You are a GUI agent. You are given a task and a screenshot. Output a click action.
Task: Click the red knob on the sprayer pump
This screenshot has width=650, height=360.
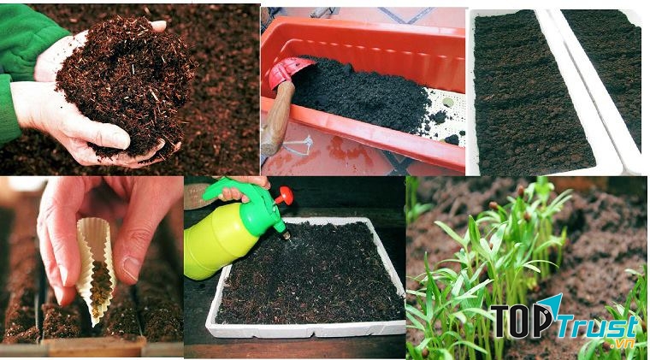click(x=284, y=195)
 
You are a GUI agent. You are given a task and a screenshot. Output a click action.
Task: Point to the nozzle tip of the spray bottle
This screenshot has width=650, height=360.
click(x=287, y=236)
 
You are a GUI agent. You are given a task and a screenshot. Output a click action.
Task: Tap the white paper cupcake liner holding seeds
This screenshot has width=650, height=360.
click(x=95, y=269)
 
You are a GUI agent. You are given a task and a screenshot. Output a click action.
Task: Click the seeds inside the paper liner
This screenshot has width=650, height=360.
click(x=101, y=286)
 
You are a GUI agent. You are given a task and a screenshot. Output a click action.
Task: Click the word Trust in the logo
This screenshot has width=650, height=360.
click(x=597, y=328)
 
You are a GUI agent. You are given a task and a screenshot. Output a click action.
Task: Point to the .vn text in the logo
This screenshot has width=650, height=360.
click(x=622, y=344)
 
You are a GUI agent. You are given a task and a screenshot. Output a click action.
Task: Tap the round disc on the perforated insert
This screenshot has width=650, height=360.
click(x=447, y=102)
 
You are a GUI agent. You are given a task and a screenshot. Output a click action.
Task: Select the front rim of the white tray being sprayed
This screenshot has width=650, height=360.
click(x=306, y=330)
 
